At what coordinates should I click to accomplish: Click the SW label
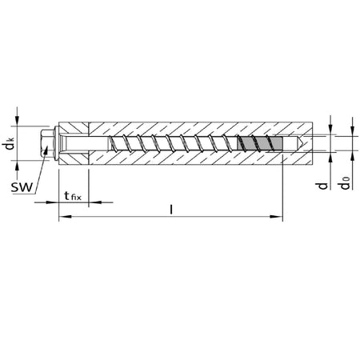22,187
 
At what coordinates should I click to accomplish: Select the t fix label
73,196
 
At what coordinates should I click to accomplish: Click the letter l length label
171,210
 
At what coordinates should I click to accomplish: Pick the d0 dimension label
345,183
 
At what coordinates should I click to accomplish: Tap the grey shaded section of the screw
259,143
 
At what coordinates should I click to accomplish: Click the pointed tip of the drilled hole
303,143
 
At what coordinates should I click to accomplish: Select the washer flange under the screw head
56,143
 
